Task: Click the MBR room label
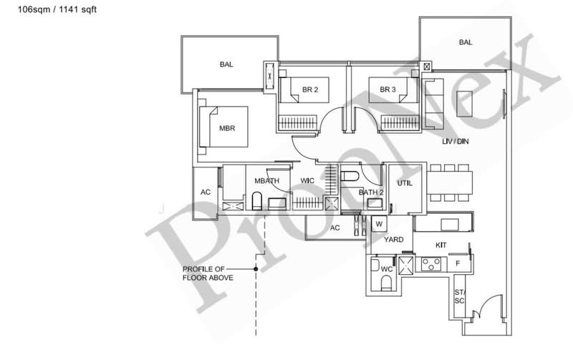(228, 129)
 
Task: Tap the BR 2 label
(309, 89)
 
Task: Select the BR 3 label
(387, 89)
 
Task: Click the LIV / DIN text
(455, 142)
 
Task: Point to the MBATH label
(266, 182)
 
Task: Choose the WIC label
(308, 180)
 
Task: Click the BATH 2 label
(371, 193)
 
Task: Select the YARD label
(394, 240)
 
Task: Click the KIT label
(441, 245)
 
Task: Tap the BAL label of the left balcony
(226, 64)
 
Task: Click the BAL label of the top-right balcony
(466, 42)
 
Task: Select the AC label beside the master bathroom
(206, 193)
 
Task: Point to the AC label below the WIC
(334, 228)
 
